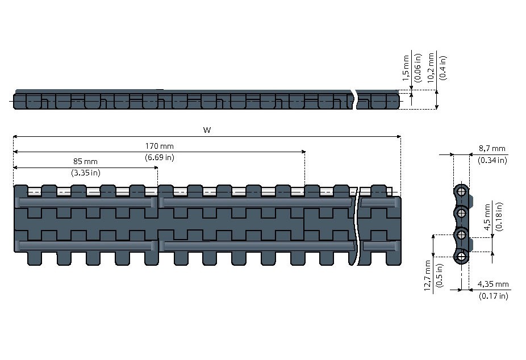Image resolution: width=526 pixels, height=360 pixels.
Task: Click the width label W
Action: [207, 130]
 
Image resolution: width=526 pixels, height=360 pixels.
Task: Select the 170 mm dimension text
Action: [160, 146]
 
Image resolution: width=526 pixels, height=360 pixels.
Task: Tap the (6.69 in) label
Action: [160, 157]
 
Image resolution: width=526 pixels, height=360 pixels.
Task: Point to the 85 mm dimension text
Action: [85, 162]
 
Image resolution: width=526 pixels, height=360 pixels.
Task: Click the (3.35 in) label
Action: [86, 173]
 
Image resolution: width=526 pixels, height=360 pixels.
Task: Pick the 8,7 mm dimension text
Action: [492, 149]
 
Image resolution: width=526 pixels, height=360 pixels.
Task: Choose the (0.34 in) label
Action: [492, 160]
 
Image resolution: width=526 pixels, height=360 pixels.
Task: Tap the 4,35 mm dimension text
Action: [493, 284]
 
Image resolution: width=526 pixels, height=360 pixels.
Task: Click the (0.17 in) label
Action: [493, 296]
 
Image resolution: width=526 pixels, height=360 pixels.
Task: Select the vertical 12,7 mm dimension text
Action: [427, 275]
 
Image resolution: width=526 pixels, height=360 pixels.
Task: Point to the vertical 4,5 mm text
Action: [487, 216]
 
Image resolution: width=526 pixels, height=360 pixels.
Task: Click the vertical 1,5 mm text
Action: [406, 68]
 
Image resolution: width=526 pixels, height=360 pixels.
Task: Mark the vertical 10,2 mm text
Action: [431, 68]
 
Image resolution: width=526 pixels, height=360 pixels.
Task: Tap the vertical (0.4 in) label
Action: [443, 68]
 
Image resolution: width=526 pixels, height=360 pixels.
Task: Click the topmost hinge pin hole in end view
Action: [462, 192]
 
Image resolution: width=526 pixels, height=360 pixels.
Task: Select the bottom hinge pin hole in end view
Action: [462, 257]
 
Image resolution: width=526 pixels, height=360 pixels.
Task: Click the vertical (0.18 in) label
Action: [499, 216]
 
